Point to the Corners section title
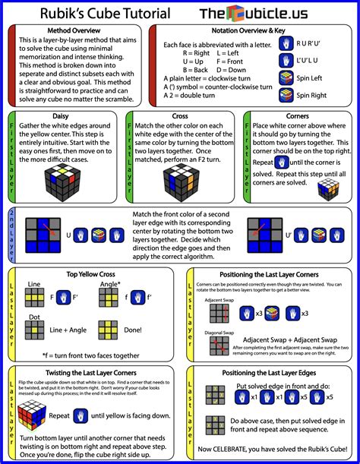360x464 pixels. point(296,115)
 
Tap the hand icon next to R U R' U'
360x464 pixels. point(286,44)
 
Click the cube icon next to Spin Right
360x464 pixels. point(286,95)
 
